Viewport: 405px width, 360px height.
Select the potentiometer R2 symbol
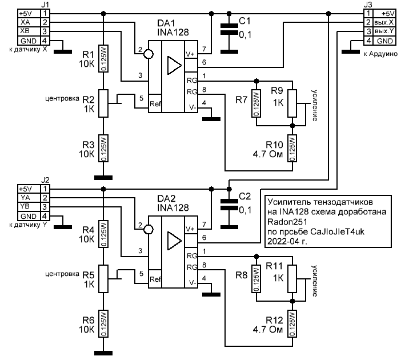(103, 103)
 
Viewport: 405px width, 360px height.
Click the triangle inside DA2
(171, 240)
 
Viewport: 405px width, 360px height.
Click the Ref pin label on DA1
(155, 104)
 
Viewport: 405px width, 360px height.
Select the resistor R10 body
(292, 149)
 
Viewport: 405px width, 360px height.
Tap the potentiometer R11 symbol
(292, 278)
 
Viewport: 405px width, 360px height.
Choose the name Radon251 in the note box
(285, 222)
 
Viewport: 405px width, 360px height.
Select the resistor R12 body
(292, 323)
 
